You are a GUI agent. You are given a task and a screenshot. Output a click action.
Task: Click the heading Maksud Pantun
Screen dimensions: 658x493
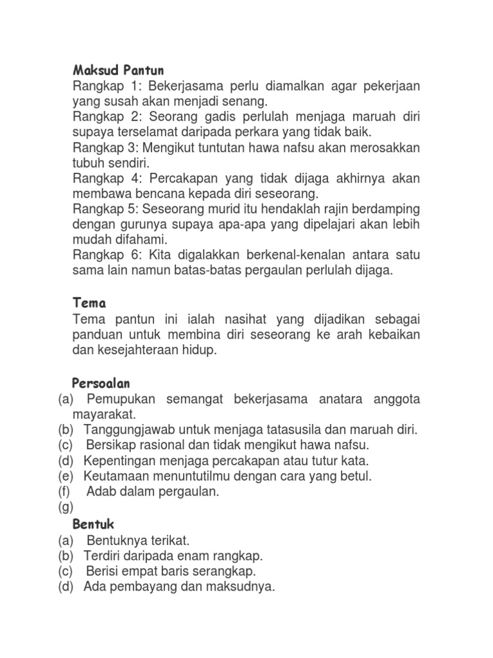click(x=118, y=70)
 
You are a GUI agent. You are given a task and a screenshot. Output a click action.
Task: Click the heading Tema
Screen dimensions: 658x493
click(x=89, y=303)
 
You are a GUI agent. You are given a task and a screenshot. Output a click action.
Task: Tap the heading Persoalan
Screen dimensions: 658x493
click(x=101, y=384)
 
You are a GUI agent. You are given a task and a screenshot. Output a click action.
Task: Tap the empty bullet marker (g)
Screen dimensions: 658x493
click(x=65, y=508)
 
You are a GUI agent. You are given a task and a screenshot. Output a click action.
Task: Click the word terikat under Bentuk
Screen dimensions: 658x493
click(x=171, y=540)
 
